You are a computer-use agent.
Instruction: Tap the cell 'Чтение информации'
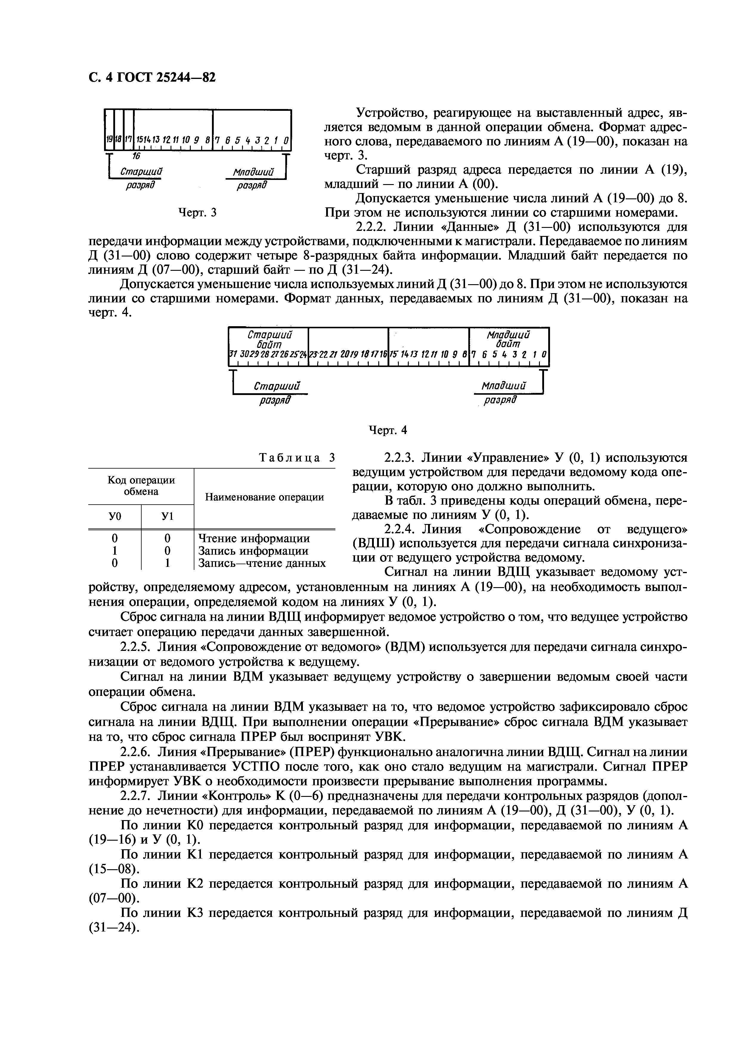point(254,538)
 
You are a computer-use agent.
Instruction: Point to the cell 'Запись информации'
point(254,551)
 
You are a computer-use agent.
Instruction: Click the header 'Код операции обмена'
point(141,486)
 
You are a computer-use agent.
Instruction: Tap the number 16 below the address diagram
point(135,156)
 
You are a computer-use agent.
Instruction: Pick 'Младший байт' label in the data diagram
point(508,340)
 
